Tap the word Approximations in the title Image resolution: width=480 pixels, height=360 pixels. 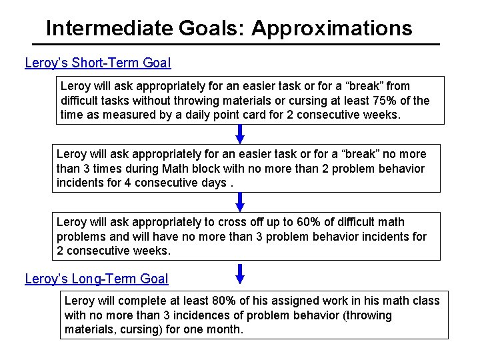point(332,29)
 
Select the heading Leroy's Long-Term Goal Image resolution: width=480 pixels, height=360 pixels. point(97,279)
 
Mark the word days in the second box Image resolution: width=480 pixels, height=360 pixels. point(209,183)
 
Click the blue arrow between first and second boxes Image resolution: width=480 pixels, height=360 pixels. point(241,133)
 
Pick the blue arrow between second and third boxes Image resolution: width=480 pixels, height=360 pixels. point(241,202)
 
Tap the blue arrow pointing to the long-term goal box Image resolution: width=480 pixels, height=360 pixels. point(241,273)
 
